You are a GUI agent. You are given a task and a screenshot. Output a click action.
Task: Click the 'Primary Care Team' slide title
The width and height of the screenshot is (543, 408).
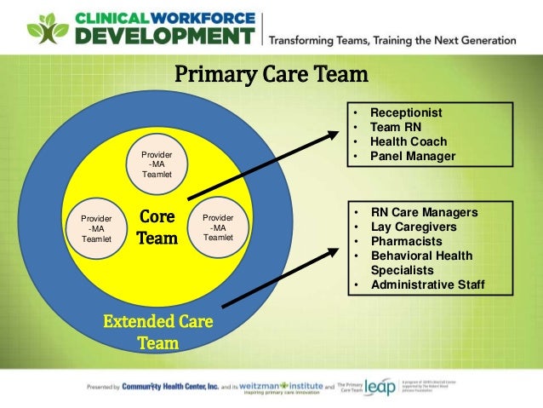[x=271, y=75]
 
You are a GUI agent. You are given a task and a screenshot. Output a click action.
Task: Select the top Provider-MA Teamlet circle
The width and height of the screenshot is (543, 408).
[x=157, y=163]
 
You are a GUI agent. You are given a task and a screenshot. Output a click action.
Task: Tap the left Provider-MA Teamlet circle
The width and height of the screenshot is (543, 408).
[x=95, y=227]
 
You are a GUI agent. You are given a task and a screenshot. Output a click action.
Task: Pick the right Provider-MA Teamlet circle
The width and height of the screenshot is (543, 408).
[x=219, y=227]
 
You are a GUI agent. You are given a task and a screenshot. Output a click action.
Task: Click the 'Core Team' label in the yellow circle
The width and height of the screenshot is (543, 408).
[x=157, y=228]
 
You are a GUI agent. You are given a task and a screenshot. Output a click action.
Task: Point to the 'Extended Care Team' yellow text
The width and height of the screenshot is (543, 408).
[x=157, y=333]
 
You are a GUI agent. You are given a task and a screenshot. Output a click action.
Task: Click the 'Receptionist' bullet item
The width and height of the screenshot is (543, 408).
[x=406, y=112]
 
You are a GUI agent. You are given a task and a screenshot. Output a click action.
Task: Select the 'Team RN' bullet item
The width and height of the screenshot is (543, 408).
[x=396, y=127]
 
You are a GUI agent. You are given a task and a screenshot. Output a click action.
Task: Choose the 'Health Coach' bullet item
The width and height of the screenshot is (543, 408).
[x=408, y=141]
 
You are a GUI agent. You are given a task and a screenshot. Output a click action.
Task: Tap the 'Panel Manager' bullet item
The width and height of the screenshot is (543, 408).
[x=413, y=156]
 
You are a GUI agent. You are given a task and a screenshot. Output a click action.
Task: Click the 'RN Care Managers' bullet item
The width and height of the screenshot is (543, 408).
[x=424, y=212]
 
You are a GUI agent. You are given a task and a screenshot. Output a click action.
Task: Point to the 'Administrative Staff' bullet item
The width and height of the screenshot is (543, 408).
[x=427, y=284]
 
